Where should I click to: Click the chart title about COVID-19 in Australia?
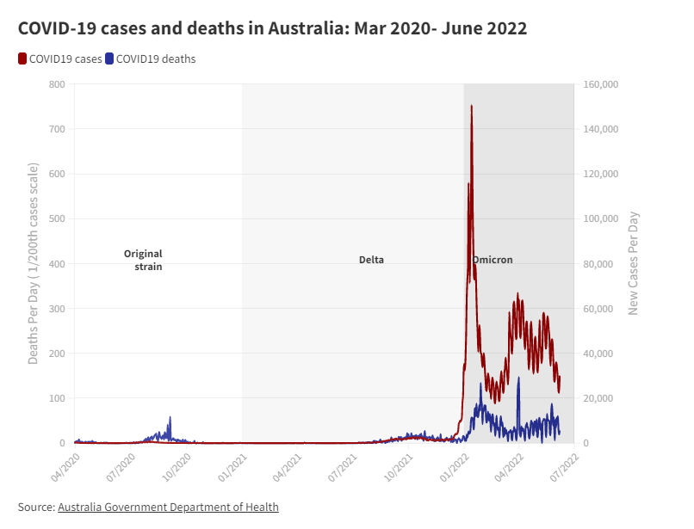(x=272, y=28)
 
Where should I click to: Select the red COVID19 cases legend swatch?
(x=22, y=59)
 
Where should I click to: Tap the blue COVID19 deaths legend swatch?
(x=109, y=59)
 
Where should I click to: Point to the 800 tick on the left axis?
(x=57, y=84)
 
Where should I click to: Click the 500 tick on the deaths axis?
(x=57, y=218)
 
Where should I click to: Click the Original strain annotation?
(x=144, y=260)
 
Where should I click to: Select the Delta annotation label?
(x=371, y=260)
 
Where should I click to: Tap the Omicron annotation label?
(x=493, y=260)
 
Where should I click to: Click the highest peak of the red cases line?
(x=471, y=107)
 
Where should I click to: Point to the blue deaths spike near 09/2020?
(x=170, y=418)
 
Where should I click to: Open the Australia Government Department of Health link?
(x=168, y=507)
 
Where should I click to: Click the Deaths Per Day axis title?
(x=34, y=263)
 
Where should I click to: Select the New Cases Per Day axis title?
(x=634, y=263)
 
